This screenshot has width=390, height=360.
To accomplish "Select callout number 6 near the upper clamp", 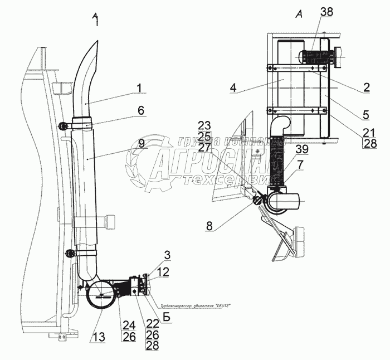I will click(140, 110).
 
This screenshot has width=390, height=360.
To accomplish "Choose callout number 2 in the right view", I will click(365, 86).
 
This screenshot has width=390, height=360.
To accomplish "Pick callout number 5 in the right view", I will click(365, 115).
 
